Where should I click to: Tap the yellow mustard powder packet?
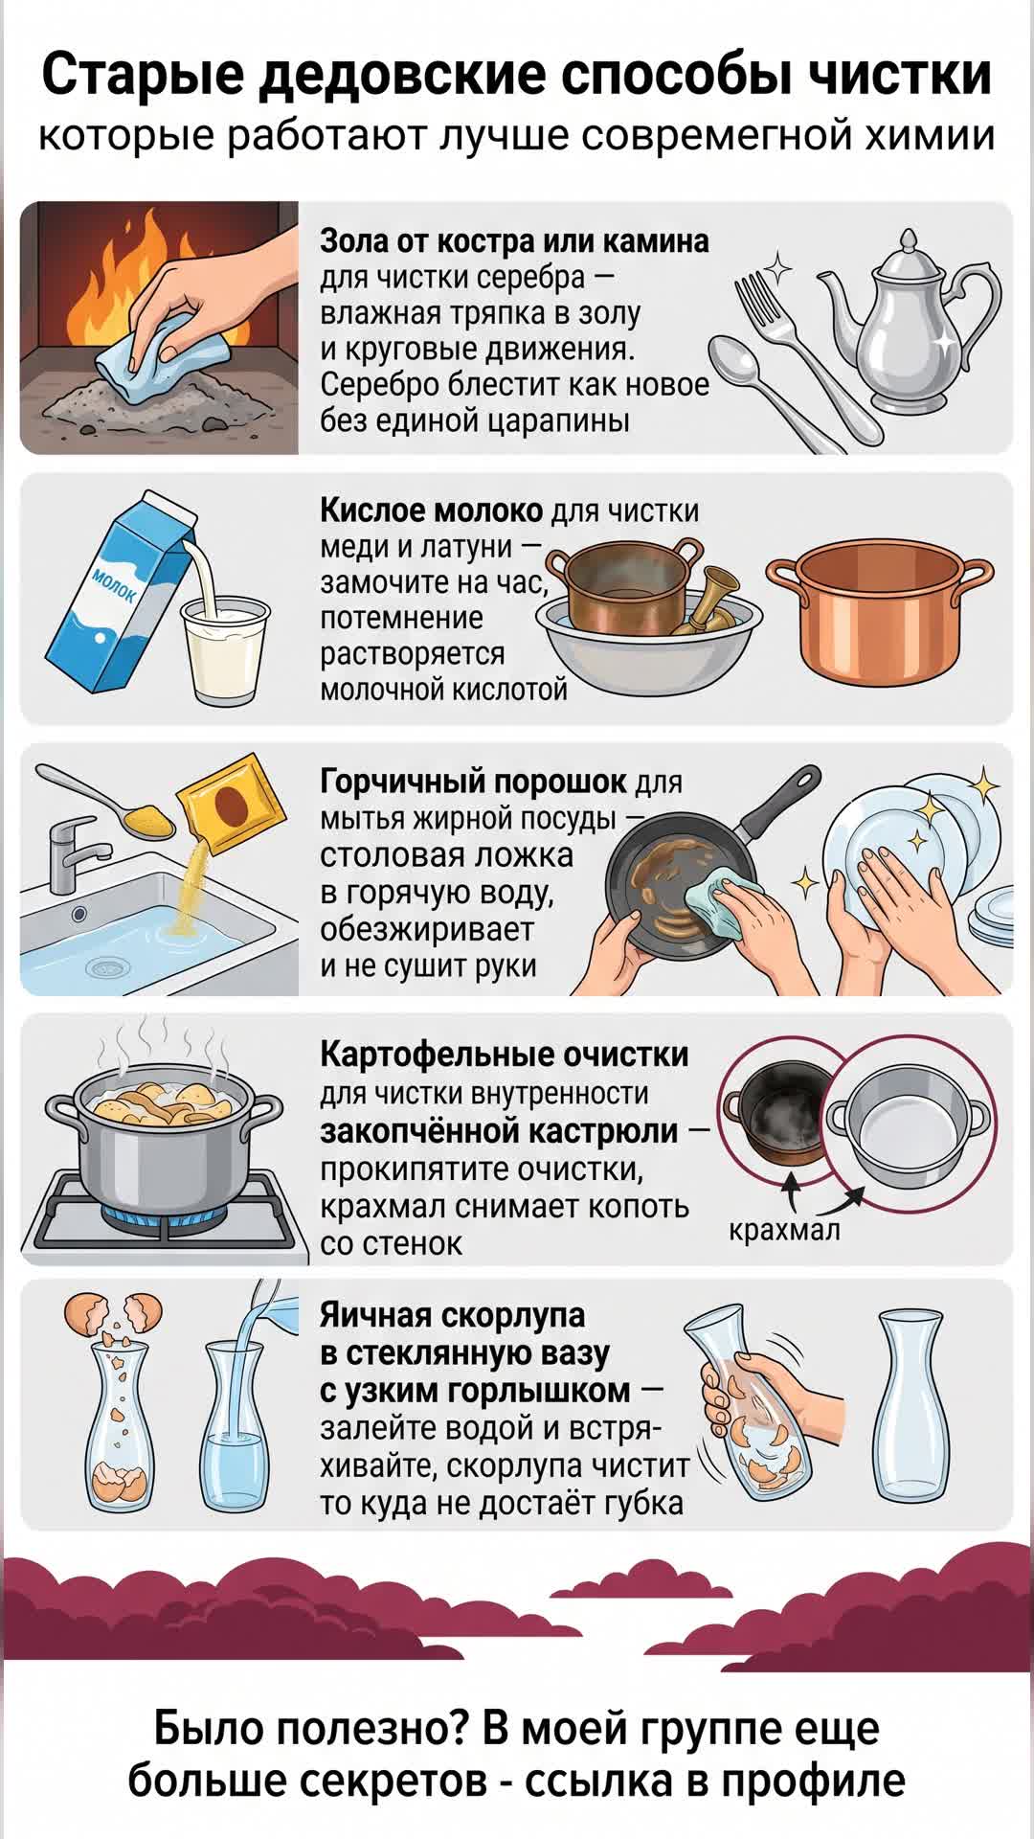tap(228, 803)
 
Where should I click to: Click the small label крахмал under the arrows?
tap(784, 1229)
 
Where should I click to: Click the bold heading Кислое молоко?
tap(431, 510)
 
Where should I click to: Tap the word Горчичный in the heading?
tap(406, 782)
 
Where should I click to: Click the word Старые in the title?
tap(140, 77)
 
